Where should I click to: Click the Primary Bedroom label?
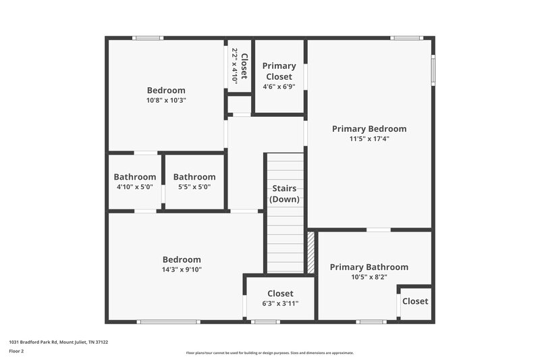point(369,128)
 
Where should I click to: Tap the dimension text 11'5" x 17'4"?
point(369,139)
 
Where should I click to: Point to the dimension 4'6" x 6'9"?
point(279,87)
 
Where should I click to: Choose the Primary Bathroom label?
point(369,267)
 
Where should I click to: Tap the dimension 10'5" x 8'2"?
point(369,277)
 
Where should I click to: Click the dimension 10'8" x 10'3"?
point(166,100)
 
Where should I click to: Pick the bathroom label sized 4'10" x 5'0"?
point(135,177)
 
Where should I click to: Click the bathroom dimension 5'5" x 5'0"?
point(194,187)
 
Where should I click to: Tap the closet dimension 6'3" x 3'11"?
point(279,303)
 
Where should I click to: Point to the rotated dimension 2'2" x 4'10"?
point(235,65)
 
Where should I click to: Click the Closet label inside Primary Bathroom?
point(415,301)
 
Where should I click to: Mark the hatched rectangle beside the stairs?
point(311,253)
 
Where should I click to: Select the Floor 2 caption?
point(16,351)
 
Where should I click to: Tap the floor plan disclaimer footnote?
point(270,353)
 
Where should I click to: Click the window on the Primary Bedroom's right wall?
point(433,68)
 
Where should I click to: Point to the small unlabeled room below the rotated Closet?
point(239,105)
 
